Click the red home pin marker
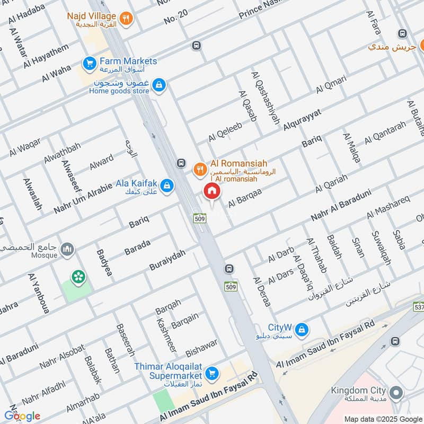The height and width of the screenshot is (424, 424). click(x=211, y=191)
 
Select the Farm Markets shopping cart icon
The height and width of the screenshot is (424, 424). click(x=89, y=64)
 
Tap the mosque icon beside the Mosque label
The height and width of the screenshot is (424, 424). click(x=67, y=249)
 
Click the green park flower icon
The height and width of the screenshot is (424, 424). click(x=79, y=276)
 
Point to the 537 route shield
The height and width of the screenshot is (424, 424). click(x=419, y=307)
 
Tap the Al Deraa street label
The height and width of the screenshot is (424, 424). click(x=262, y=291)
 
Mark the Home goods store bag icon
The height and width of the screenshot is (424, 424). click(x=158, y=85)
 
